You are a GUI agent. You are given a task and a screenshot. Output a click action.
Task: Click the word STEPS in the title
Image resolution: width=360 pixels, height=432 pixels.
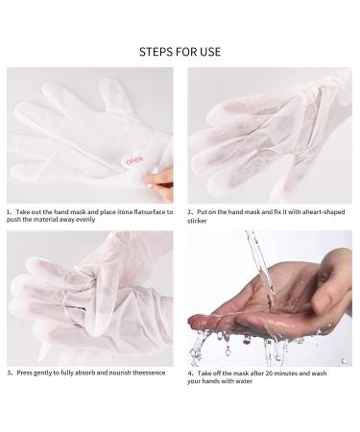tap(156, 51)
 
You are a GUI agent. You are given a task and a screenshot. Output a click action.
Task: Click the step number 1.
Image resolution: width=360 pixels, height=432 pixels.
tap(9, 211)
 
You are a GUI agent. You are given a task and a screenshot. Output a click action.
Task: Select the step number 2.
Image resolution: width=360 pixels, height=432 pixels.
tap(189, 211)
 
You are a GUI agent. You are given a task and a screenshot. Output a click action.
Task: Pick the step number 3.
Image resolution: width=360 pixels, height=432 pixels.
tap(9, 371)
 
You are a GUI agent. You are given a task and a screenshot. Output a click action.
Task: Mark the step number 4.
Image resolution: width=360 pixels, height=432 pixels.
tap(189, 371)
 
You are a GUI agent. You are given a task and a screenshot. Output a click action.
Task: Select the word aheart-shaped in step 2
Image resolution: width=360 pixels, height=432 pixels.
tap(308, 211)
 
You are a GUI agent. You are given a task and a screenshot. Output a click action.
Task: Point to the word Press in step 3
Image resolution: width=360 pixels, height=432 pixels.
tap(25, 371)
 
